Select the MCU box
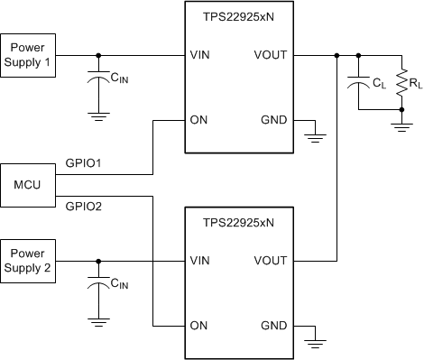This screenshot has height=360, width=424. [x=28, y=184]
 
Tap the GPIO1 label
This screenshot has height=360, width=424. [x=84, y=163]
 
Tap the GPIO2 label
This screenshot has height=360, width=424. [x=84, y=206]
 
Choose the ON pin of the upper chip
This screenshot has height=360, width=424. [x=198, y=119]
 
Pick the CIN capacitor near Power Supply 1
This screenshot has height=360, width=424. [x=97, y=83]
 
